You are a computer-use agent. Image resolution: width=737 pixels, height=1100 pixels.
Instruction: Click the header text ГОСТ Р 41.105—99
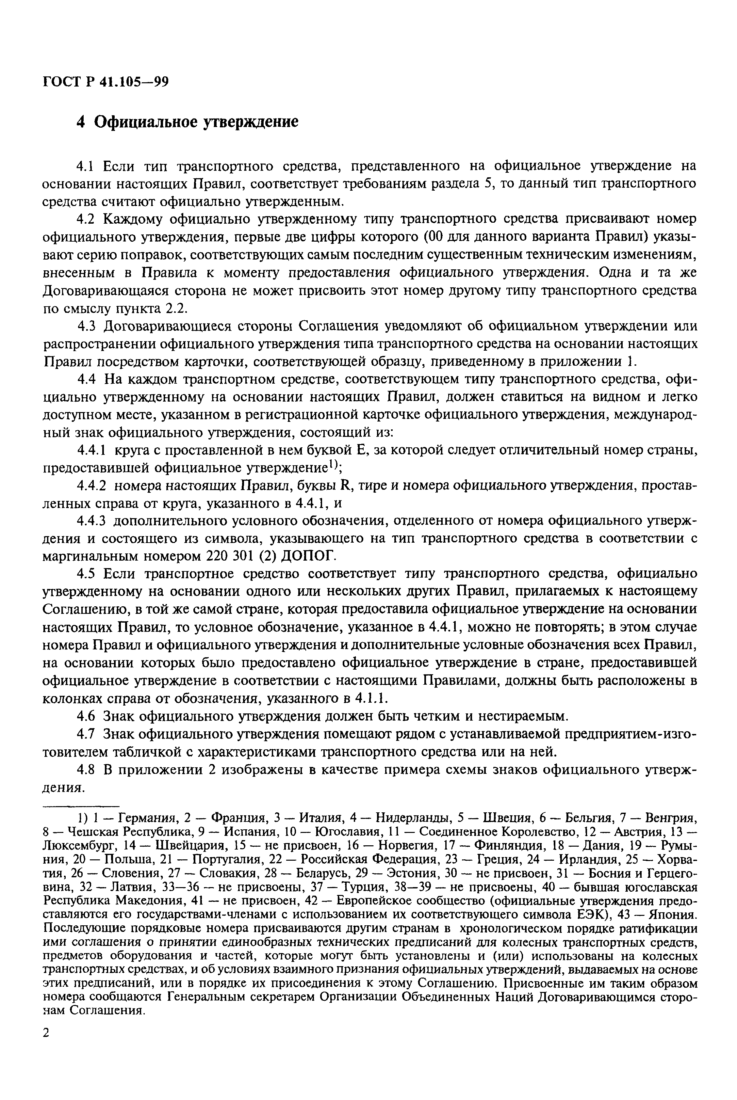click(x=105, y=82)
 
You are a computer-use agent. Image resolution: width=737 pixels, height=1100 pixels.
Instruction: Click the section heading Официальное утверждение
click(x=196, y=122)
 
